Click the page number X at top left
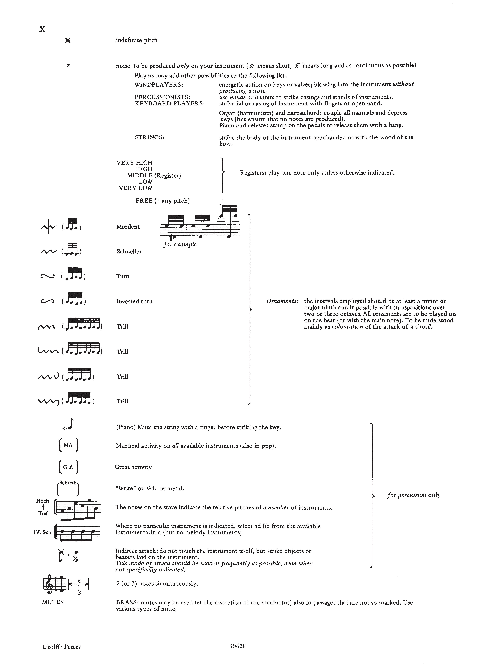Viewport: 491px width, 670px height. [43, 29]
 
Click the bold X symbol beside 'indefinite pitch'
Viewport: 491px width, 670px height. [68, 40]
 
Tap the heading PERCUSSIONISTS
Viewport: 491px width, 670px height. [162, 97]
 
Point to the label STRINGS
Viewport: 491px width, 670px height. [150, 137]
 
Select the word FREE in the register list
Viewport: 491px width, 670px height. [144, 201]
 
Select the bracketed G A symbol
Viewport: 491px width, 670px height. [68, 467]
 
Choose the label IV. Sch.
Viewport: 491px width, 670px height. [43, 532]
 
